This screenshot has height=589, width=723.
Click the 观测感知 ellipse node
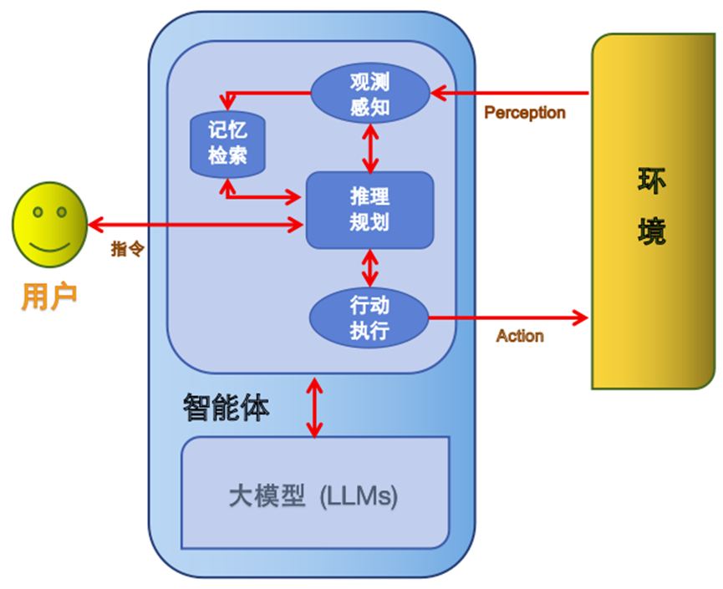pos(369,94)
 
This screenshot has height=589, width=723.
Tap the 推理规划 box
pos(369,210)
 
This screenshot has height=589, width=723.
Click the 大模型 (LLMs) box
pos(314,495)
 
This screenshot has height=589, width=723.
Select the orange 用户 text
pos(48,296)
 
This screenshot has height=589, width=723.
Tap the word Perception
pos(524,113)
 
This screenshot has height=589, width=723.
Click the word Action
pos(519,336)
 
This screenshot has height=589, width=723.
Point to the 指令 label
pos(128,249)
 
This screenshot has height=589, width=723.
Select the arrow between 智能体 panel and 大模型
pos(314,407)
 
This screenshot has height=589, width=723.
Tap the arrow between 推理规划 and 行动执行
pos(369,268)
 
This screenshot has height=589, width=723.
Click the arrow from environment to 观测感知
pos(510,93)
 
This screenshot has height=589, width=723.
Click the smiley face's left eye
pos(38,212)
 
